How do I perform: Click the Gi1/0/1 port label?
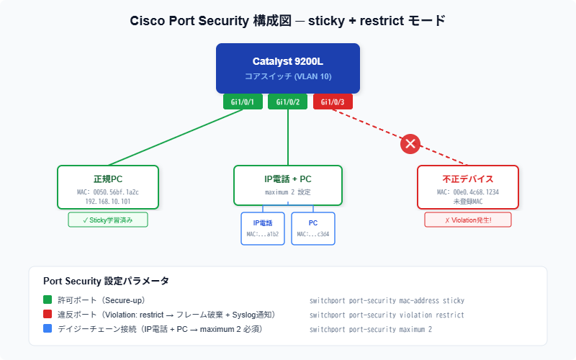point(243,102)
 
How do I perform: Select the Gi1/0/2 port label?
point(287,102)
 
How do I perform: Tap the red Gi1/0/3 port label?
point(333,102)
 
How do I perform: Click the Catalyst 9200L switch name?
point(287,61)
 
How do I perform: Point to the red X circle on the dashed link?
point(410,144)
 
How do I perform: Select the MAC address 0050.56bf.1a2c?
point(107,192)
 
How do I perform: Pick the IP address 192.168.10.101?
point(107,202)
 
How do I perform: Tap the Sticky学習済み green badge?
point(107,220)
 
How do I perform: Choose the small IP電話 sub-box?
point(263,228)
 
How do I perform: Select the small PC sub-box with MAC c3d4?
point(313,228)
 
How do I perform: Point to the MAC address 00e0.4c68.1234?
point(467,192)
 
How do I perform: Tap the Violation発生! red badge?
point(467,220)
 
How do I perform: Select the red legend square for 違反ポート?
point(48,315)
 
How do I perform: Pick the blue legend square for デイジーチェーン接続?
point(48,329)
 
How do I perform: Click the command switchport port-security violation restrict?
point(387,315)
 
